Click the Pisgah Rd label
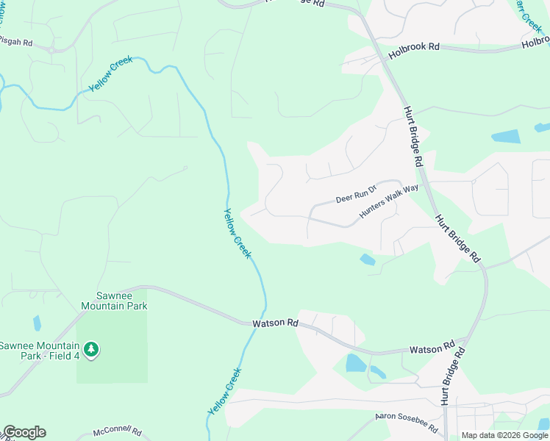[16, 43]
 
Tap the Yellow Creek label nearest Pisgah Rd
[111, 73]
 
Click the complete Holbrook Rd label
[414, 46]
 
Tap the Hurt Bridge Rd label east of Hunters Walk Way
[457, 239]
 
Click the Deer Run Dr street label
[356, 196]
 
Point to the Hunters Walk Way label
[388, 201]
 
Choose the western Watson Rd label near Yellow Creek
[275, 323]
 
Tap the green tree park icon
[90, 350]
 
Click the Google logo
[24, 432]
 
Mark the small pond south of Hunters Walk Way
[367, 259]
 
